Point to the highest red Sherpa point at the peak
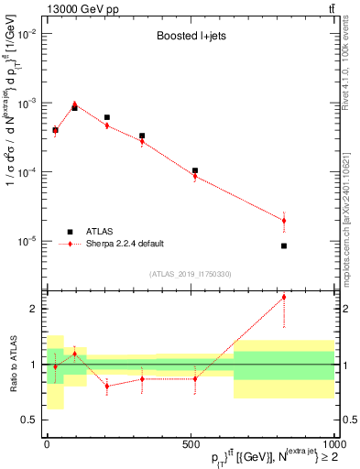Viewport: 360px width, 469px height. click(75, 104)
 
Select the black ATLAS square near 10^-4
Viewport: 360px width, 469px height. click(195, 170)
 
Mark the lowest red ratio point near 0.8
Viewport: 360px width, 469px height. click(107, 386)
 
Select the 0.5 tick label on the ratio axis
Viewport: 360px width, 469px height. click(31, 420)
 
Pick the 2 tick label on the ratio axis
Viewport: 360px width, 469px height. click(36, 309)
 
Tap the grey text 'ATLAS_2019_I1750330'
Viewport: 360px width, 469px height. click(190, 273)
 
